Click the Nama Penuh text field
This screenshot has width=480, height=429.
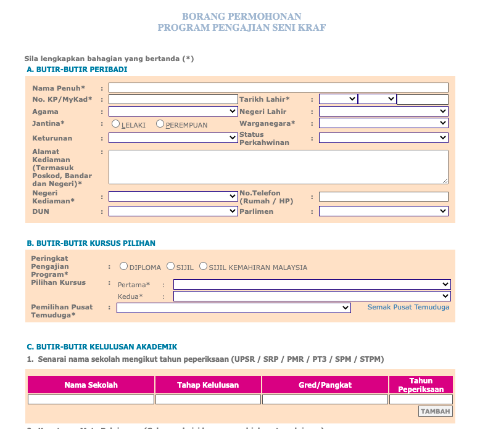click(x=278, y=88)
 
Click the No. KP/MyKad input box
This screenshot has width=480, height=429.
click(x=173, y=99)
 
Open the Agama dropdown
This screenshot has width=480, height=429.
click(x=173, y=112)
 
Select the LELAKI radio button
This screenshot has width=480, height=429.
click(x=116, y=124)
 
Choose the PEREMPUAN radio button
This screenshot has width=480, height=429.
click(x=160, y=124)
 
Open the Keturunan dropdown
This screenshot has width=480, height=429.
click(x=173, y=138)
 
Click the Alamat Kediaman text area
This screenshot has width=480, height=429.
click(x=278, y=167)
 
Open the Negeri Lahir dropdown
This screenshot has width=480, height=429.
click(x=383, y=112)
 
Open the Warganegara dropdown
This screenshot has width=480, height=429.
click(x=383, y=123)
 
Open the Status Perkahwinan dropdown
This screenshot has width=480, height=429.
click(x=383, y=138)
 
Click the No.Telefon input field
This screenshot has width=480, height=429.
click(x=383, y=197)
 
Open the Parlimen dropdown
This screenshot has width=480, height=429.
click(x=383, y=211)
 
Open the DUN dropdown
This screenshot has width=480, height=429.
click(x=173, y=211)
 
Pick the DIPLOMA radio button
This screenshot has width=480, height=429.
click(x=124, y=266)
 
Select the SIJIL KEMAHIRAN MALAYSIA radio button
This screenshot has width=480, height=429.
click(x=204, y=266)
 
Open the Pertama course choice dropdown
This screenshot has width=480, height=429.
click(x=312, y=284)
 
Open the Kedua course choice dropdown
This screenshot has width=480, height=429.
click(x=312, y=296)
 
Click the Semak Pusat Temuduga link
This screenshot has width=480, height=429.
click(x=408, y=307)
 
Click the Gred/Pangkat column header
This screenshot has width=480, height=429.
click(x=325, y=385)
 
